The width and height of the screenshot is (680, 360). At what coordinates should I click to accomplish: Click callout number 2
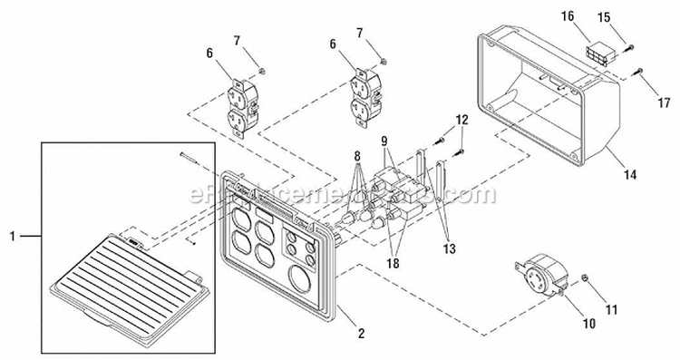point(361,334)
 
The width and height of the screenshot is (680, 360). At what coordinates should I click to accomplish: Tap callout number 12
point(461,119)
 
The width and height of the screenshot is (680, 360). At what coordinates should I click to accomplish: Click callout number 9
point(384,141)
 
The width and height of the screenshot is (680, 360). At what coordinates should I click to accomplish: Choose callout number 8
point(356,156)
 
